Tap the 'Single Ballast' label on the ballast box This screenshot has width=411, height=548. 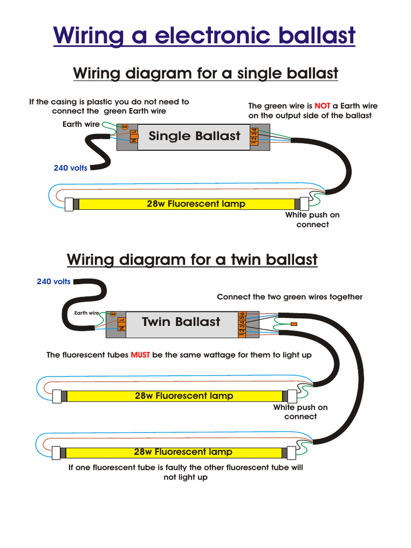[x=194, y=136]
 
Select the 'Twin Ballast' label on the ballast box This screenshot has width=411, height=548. [x=181, y=322]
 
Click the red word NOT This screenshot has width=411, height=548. [x=322, y=106]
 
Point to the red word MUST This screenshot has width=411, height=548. [x=140, y=355]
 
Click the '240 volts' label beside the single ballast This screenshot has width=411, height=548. [x=70, y=168]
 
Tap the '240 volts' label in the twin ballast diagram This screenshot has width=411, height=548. [x=54, y=281]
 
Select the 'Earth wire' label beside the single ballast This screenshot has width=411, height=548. [x=81, y=124]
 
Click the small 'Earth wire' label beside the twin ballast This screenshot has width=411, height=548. [x=86, y=313]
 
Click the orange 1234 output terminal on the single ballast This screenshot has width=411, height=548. [x=255, y=136]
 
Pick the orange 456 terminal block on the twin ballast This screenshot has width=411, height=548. [x=242, y=316]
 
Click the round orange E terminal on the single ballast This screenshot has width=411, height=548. [x=125, y=127]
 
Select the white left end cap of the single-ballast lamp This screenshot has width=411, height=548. [x=68, y=204]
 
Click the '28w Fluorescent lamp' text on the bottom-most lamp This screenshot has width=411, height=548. [x=183, y=452]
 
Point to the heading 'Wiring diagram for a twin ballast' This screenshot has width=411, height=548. [x=192, y=260]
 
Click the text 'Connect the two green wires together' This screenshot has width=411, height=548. [x=290, y=297]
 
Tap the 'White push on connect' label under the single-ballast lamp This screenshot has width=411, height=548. [x=312, y=219]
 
